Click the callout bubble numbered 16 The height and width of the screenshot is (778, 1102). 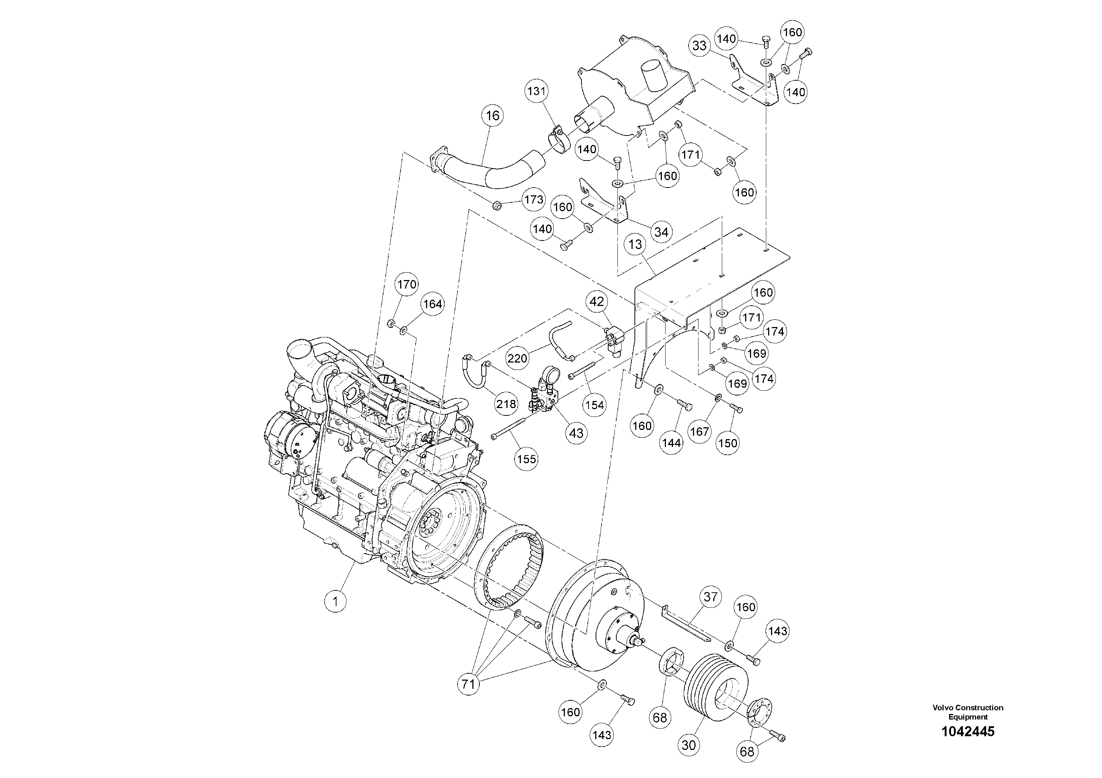[492, 115]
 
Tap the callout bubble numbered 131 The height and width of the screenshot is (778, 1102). [537, 91]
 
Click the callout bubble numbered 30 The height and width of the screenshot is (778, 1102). [689, 745]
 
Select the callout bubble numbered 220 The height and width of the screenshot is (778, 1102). [518, 358]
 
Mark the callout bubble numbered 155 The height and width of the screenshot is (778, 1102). [526, 459]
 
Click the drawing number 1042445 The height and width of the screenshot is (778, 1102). [968, 731]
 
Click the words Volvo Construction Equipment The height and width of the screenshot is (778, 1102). [968, 712]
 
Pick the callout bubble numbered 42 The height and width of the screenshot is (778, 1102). [597, 302]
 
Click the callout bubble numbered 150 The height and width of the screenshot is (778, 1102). [728, 443]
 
